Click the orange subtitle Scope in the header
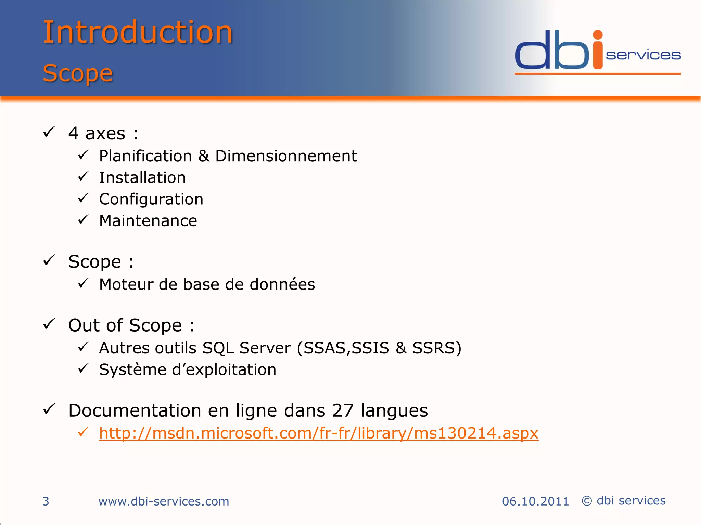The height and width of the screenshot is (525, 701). coord(78,73)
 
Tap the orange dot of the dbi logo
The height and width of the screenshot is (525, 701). coord(598,35)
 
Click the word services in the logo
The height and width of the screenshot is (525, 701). coord(643,55)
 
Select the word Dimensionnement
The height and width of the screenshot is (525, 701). coord(286,156)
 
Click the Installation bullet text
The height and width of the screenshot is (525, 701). coord(142,178)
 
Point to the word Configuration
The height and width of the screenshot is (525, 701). coord(151,199)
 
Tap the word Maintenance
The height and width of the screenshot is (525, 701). coord(148,221)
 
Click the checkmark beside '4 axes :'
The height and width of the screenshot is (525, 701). coord(49,132)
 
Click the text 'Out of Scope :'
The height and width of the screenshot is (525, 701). coord(131,325)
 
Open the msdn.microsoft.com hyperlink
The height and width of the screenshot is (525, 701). coord(318,433)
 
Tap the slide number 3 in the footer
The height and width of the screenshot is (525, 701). coord(46,501)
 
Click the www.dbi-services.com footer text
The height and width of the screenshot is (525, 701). coord(164,501)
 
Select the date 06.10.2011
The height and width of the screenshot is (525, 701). coord(535,501)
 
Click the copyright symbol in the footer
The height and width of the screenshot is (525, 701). coord(587,501)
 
